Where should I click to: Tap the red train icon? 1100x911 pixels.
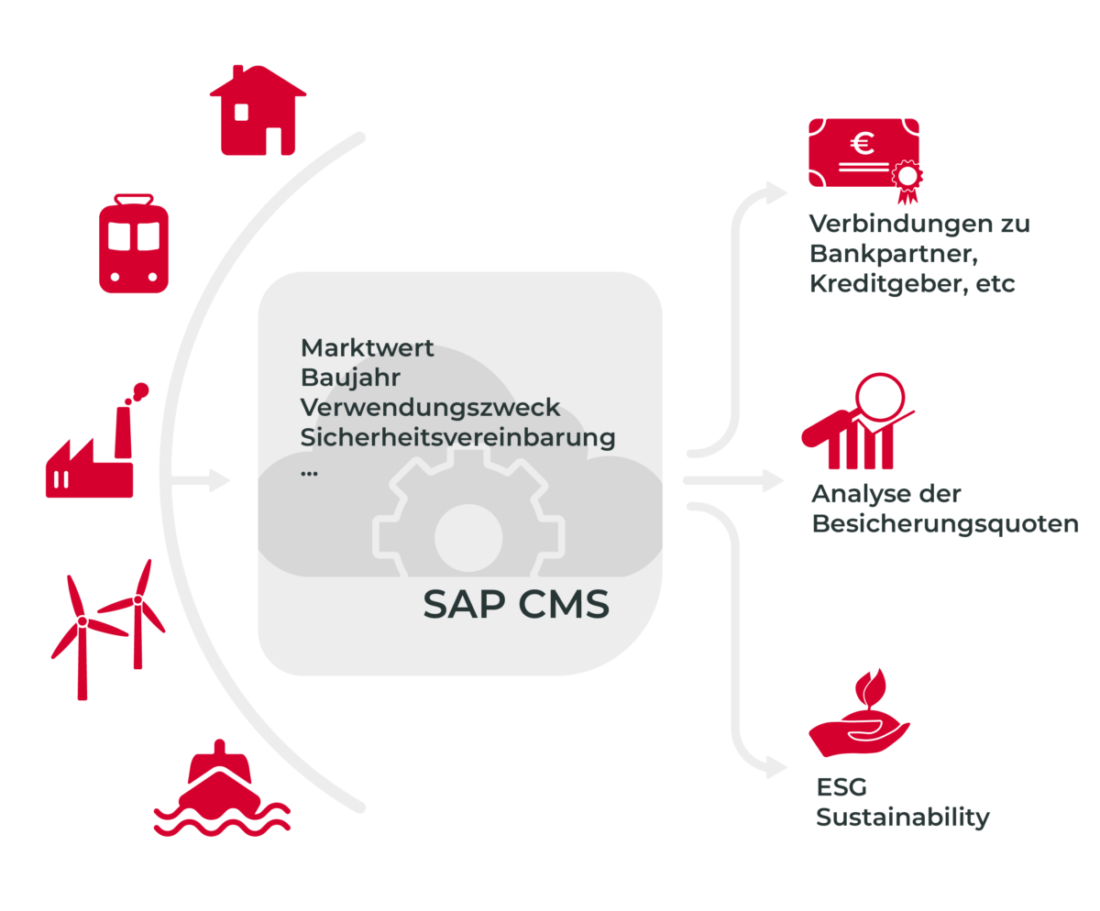(x=134, y=244)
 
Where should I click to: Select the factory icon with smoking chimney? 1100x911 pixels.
(x=92, y=449)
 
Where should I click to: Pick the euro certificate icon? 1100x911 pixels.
(x=863, y=158)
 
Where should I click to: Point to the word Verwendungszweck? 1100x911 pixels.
(x=430, y=407)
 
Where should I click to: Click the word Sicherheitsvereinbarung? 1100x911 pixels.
(x=457, y=437)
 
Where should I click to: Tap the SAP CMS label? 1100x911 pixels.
(x=515, y=605)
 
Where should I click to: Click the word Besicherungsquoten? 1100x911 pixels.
(x=944, y=525)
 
